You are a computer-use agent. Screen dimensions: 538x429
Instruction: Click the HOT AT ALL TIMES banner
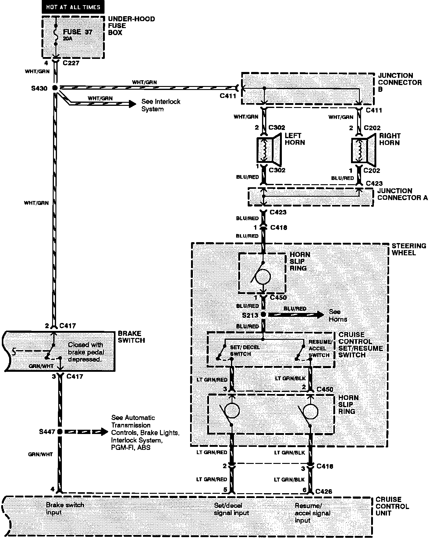pyautogui.click(x=73, y=7)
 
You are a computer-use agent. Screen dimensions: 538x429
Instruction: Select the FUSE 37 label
pyautogui.click(x=77, y=32)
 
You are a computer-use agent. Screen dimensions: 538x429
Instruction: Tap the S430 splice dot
pyautogui.click(x=55, y=88)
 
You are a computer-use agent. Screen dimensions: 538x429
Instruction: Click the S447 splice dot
pyautogui.click(x=60, y=432)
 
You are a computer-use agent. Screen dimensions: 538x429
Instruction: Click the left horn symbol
pyautogui.click(x=269, y=149)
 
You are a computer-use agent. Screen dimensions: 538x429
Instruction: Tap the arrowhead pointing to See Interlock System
pyautogui.click(x=133, y=104)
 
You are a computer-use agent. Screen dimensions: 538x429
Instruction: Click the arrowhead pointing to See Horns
pyautogui.click(x=321, y=314)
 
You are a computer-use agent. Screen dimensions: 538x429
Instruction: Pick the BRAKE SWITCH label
pyautogui.click(x=131, y=337)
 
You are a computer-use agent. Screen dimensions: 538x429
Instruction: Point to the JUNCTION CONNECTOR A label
pyautogui.click(x=402, y=194)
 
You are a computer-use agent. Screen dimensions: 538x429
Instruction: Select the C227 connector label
pyautogui.click(x=71, y=63)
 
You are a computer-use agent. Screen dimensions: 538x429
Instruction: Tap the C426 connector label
pyautogui.click(x=324, y=491)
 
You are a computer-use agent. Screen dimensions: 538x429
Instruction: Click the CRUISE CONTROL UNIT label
pyautogui.click(x=392, y=506)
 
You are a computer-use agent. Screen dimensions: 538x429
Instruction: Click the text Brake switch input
pyautogui.click(x=65, y=508)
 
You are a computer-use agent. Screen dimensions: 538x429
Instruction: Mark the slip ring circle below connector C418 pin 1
pyautogui.click(x=263, y=277)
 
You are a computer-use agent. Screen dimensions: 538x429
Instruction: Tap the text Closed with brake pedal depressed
pyautogui.click(x=86, y=352)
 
